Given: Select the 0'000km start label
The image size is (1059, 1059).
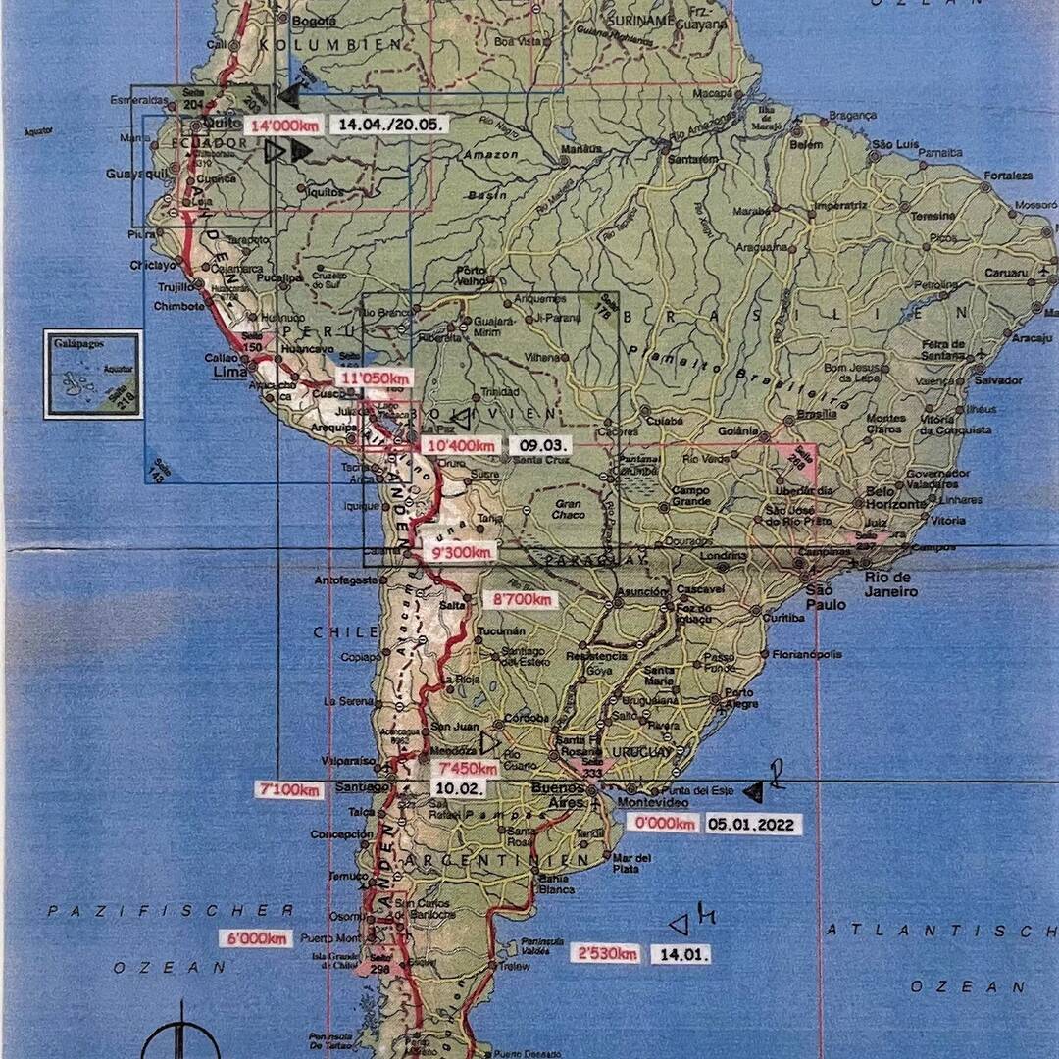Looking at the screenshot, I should click(x=665, y=824).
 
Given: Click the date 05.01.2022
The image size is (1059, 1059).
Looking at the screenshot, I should click(x=752, y=824).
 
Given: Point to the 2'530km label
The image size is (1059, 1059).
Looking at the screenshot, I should click(x=606, y=953).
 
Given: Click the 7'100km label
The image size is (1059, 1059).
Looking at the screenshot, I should click(x=288, y=789).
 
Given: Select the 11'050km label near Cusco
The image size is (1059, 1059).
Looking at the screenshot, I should click(x=374, y=378).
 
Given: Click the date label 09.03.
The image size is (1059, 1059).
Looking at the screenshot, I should click(x=534, y=445).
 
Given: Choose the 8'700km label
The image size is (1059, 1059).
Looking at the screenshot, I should click(x=523, y=599).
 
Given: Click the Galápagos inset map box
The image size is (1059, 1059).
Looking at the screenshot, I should click(x=93, y=374).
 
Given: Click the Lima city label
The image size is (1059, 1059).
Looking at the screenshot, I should click(x=225, y=373).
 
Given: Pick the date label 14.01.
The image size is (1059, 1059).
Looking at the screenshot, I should click(x=680, y=953).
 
